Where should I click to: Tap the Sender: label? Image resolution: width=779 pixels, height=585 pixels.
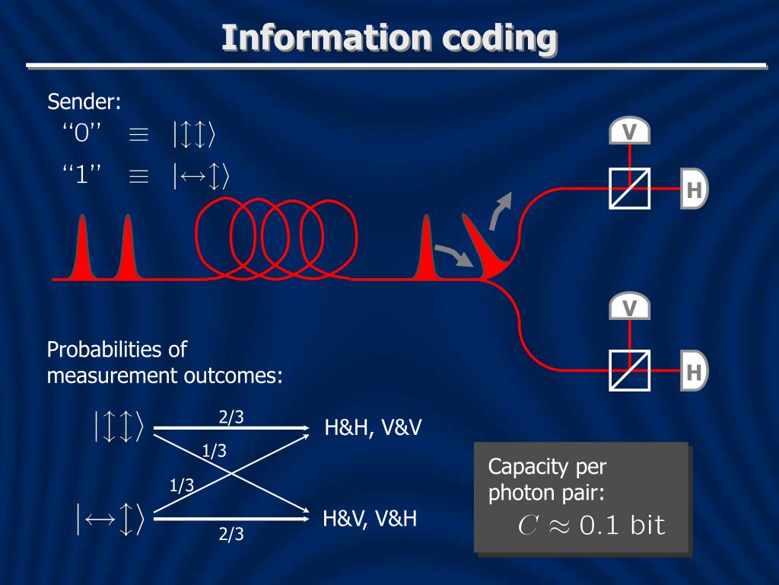84,101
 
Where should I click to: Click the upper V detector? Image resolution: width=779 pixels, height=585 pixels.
629,132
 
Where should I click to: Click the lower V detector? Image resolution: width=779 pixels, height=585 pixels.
629,307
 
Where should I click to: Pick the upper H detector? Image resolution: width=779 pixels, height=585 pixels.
694,188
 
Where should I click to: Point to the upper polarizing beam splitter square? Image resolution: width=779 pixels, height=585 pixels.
629,188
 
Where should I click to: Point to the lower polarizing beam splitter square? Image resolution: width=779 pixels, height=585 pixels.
629,370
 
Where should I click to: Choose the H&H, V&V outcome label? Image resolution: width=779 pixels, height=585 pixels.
373,428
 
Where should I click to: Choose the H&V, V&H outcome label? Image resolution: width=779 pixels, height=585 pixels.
370,519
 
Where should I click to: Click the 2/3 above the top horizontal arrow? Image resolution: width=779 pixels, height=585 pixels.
231,417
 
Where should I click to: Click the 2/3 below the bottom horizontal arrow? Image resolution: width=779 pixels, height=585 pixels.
231,534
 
